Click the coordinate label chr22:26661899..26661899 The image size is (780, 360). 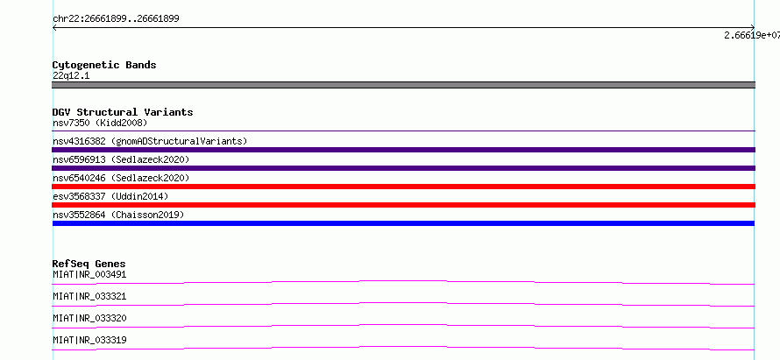[116, 19]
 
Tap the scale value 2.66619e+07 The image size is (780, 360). [752, 35]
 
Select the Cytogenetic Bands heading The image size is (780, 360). [104, 65]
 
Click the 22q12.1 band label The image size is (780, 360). [71, 76]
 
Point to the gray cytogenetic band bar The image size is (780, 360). [403, 85]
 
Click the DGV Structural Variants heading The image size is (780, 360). [123, 112]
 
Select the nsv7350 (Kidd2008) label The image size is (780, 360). [100, 123]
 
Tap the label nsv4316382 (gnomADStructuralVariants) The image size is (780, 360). [150, 141]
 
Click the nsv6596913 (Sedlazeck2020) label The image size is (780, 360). [121, 159]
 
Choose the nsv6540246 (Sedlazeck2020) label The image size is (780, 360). [121, 178]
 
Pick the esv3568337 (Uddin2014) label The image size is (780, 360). [110, 196]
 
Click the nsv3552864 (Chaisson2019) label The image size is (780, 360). [118, 215]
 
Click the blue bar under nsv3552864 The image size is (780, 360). [403, 223]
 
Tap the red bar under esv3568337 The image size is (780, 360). [403, 205]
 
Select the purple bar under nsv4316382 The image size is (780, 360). [403, 150]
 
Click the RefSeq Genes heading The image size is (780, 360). [89, 264]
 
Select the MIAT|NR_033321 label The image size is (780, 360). [89, 296]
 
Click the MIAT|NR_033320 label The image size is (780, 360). [89, 318]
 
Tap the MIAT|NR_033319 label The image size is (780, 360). [89, 340]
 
